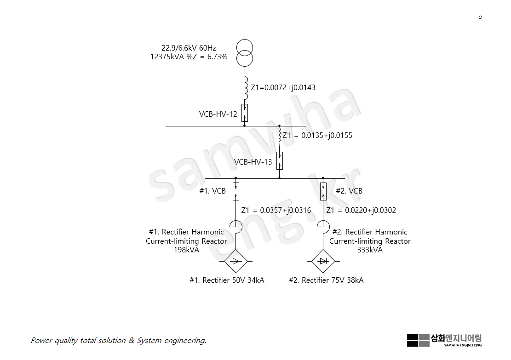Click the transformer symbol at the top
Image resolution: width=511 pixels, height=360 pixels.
[x=245, y=52]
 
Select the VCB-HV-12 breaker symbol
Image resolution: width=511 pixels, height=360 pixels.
[x=245, y=113]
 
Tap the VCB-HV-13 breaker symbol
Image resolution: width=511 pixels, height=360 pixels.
[x=279, y=160]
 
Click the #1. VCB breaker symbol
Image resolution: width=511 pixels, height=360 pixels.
[x=235, y=191]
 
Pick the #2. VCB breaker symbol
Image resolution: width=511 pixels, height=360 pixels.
[x=323, y=191]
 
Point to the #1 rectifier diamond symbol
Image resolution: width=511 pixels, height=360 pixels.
[x=236, y=261]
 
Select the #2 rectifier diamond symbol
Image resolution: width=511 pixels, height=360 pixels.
[x=323, y=261]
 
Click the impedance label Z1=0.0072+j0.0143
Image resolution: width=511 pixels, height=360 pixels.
[x=283, y=87]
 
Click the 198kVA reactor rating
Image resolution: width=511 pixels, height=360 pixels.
[x=186, y=250]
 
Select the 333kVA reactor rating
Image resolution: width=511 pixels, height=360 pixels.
[x=370, y=250]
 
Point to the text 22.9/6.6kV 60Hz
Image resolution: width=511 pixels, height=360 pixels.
[x=189, y=48]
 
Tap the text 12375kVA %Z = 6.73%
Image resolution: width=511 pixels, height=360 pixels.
[x=189, y=57]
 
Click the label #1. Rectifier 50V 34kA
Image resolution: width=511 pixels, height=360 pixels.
[x=227, y=280]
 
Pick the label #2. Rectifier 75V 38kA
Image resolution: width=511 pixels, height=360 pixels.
[x=326, y=280]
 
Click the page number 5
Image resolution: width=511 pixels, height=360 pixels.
[x=480, y=17]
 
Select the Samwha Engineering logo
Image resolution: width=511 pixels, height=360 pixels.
[x=444, y=340]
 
